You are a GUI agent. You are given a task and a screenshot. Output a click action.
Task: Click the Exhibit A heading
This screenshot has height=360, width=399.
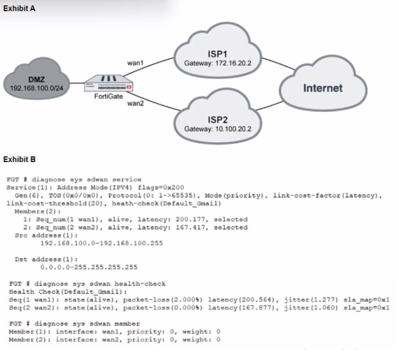coord(18,8)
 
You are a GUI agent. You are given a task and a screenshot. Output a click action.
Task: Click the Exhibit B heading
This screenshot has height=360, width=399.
coord(18,158)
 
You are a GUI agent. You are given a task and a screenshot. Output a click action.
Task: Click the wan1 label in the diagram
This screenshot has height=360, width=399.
coord(136,63)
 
